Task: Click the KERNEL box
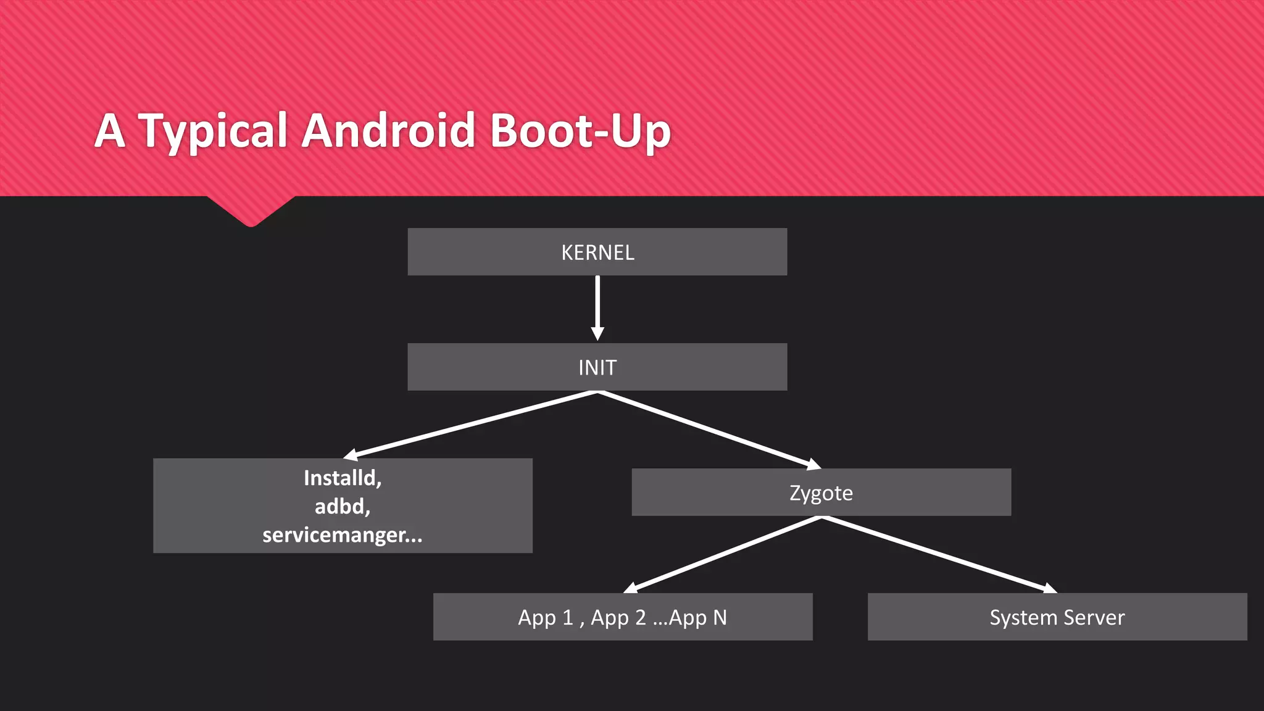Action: tap(597, 252)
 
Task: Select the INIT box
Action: tap(597, 367)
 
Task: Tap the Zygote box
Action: tap(821, 493)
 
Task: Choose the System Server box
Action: tap(1057, 617)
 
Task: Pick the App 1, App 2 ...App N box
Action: tap(622, 617)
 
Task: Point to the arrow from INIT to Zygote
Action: tap(710, 430)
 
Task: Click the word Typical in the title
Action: tap(213, 131)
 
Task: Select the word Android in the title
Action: tap(388, 130)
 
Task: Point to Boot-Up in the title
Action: tap(580, 131)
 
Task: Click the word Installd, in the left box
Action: tap(343, 478)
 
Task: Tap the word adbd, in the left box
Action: tap(343, 506)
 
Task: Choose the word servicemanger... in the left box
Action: tap(343, 534)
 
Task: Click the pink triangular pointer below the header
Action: tap(251, 210)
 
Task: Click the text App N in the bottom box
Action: tap(697, 617)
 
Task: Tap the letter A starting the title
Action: tap(110, 131)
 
